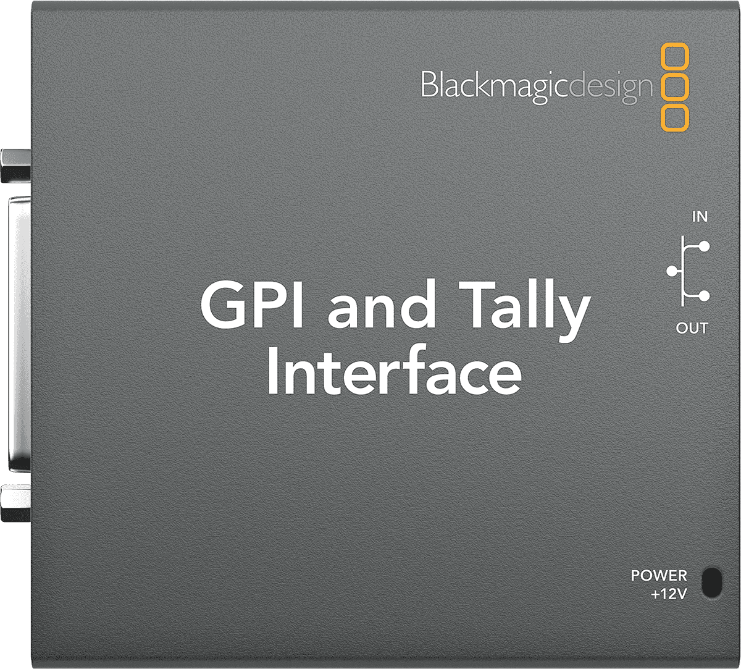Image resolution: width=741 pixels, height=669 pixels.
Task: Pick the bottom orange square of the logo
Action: click(674, 117)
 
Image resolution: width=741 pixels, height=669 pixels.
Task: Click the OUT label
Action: click(692, 328)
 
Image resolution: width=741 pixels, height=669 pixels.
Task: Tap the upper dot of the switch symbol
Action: click(704, 246)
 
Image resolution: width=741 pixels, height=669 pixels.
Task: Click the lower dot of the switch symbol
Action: click(704, 296)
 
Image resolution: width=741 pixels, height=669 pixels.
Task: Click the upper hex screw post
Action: click(16, 166)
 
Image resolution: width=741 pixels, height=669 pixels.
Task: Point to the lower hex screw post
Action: click(16, 503)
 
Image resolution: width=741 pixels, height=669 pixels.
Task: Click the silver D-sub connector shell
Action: click(19, 334)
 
